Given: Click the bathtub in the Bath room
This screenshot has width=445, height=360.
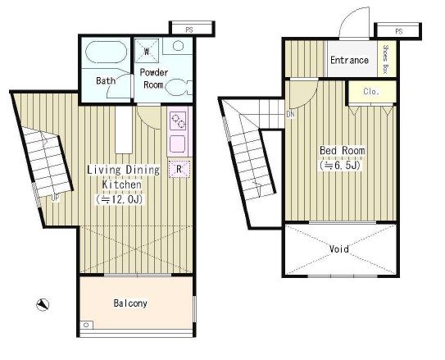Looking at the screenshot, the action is (107, 52).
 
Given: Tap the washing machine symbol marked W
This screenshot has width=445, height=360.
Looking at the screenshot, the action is (147, 51).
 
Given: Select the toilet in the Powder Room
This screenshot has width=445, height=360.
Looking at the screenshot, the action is (178, 87).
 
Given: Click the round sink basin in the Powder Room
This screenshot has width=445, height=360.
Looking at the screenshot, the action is (178, 46).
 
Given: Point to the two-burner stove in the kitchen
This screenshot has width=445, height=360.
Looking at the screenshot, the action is (178, 121).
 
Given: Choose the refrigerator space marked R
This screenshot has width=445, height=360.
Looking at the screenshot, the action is (179, 169).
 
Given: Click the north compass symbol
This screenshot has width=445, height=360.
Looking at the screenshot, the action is (43, 304).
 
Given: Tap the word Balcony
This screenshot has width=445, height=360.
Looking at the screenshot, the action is (130, 303).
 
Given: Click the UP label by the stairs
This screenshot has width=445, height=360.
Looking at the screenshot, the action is (56, 198).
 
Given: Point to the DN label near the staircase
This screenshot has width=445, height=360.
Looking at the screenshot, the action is (290, 115).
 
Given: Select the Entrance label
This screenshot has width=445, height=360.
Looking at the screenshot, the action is (349, 60).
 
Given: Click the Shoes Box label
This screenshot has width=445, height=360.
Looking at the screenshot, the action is (385, 59).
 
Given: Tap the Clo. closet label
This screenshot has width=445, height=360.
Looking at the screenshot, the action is (371, 91).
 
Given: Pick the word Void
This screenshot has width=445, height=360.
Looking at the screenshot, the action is (338, 249).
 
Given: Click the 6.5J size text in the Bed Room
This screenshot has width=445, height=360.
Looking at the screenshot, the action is (340, 166).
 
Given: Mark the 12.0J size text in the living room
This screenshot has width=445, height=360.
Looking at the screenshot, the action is (119, 199).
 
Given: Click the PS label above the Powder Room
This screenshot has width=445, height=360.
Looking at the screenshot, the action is (189, 30).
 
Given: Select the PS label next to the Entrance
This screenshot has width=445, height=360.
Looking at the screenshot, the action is (399, 31).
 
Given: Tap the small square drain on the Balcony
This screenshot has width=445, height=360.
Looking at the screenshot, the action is (87, 325).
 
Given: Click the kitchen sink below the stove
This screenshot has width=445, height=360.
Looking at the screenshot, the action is (178, 144).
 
